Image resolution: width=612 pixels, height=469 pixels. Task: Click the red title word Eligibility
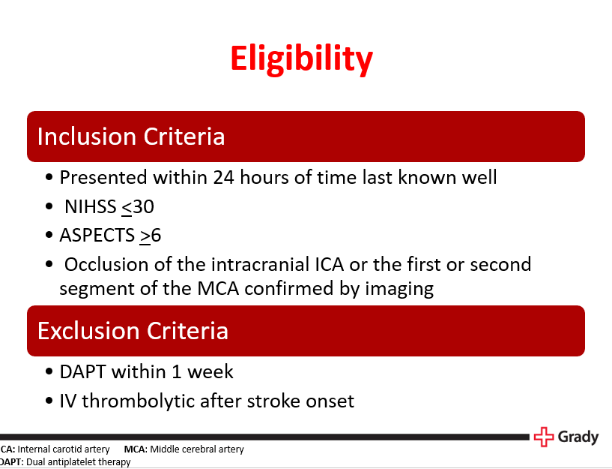301,59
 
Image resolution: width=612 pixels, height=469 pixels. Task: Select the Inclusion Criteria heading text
131,137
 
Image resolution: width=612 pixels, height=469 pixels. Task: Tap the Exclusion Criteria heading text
133,331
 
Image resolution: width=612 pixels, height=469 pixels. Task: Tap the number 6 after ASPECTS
156,235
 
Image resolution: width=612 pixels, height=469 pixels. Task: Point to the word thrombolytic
134,401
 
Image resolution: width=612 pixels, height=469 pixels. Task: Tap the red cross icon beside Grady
543,437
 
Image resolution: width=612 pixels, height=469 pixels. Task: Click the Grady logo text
578,436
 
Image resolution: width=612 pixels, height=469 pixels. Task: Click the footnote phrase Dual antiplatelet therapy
78,461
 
